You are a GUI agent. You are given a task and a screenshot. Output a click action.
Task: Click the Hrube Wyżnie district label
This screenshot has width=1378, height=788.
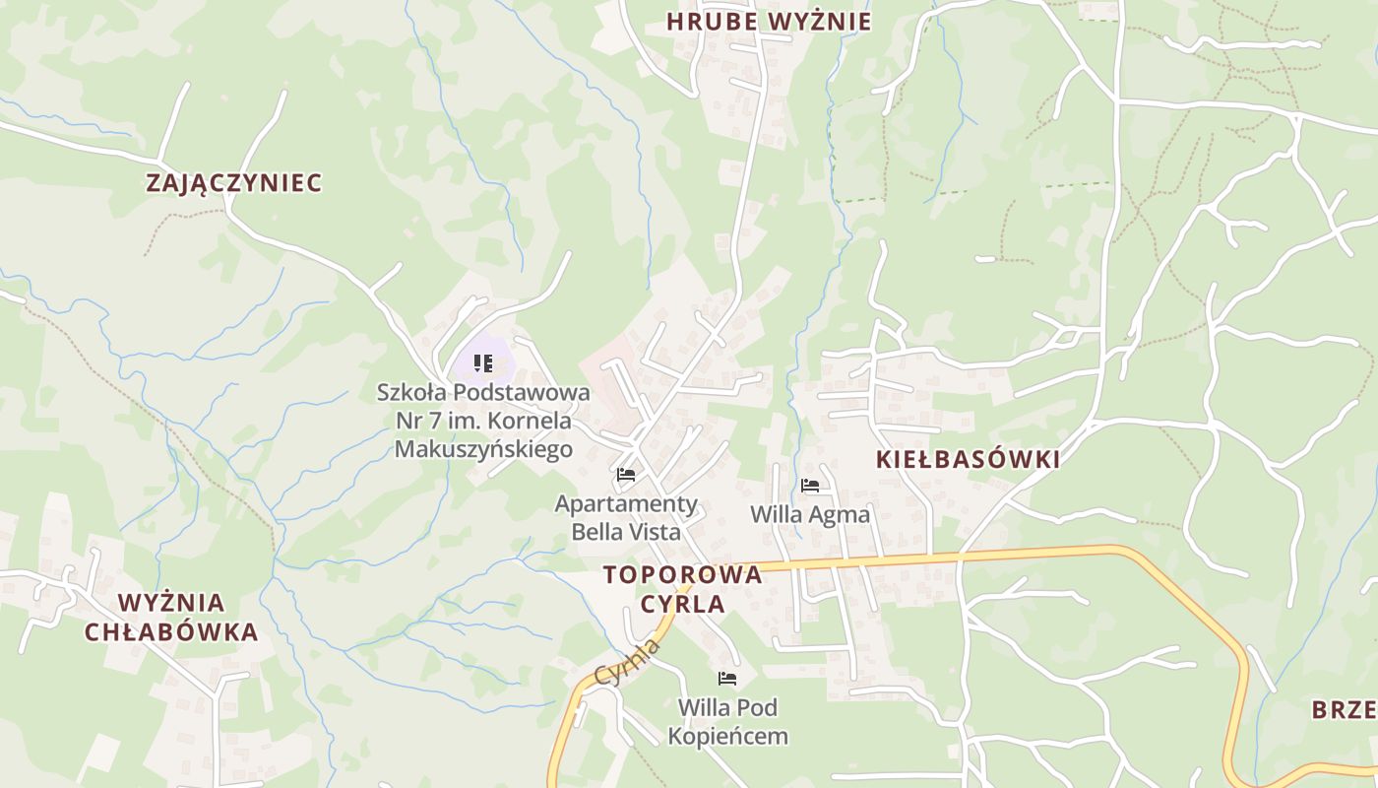[768, 22]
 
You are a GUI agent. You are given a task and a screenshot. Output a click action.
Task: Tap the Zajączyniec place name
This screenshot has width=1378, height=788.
[234, 183]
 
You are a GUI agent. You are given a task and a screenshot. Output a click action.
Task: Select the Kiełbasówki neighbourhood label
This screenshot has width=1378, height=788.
[968, 459]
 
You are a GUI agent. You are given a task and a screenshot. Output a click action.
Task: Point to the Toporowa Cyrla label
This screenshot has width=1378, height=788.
[682, 589]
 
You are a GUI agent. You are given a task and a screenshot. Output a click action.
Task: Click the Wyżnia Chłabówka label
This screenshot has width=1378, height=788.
[171, 618]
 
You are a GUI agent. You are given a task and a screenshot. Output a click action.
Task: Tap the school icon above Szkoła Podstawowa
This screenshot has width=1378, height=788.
[482, 363]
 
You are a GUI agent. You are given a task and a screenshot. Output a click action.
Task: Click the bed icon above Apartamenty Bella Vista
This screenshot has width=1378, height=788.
[625, 475]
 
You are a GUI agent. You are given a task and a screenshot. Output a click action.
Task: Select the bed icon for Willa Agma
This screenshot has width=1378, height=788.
[810, 486]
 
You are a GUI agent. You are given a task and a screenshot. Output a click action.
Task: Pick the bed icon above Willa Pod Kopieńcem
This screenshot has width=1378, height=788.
[727, 679]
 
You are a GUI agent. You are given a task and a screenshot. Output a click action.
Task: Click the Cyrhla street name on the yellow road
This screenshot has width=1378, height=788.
[627, 662]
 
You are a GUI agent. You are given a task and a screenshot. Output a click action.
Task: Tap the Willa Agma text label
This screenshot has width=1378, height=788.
[810, 514]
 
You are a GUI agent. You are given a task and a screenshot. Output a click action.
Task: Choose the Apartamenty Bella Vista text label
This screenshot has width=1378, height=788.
[626, 518]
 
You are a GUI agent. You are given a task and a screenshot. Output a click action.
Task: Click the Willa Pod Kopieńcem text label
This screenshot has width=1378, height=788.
[728, 721]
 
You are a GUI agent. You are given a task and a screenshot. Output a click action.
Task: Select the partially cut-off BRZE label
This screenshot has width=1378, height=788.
[1344, 709]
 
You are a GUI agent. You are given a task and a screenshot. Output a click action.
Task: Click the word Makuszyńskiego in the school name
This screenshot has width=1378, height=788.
[483, 450]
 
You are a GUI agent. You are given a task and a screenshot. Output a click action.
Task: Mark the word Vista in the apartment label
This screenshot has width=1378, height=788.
[654, 532]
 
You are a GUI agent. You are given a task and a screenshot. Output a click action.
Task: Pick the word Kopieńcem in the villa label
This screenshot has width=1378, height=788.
[728, 736]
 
